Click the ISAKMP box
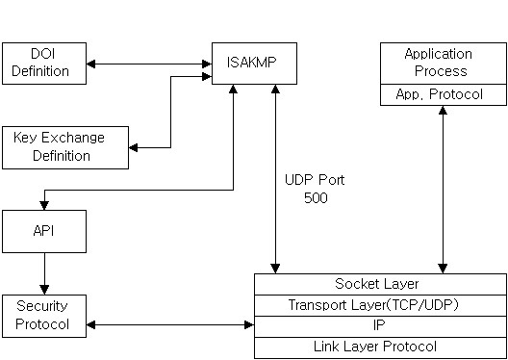click(x=254, y=64)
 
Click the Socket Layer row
click(x=379, y=284)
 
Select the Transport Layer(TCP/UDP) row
click(x=379, y=305)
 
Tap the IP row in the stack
click(x=379, y=325)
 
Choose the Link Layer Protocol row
click(x=379, y=347)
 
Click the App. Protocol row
click(x=439, y=94)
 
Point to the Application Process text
click(x=439, y=63)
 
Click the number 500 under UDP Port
click(x=315, y=198)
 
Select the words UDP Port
click(x=315, y=180)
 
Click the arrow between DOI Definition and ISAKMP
click(x=148, y=64)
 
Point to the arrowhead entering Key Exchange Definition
click(x=135, y=147)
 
